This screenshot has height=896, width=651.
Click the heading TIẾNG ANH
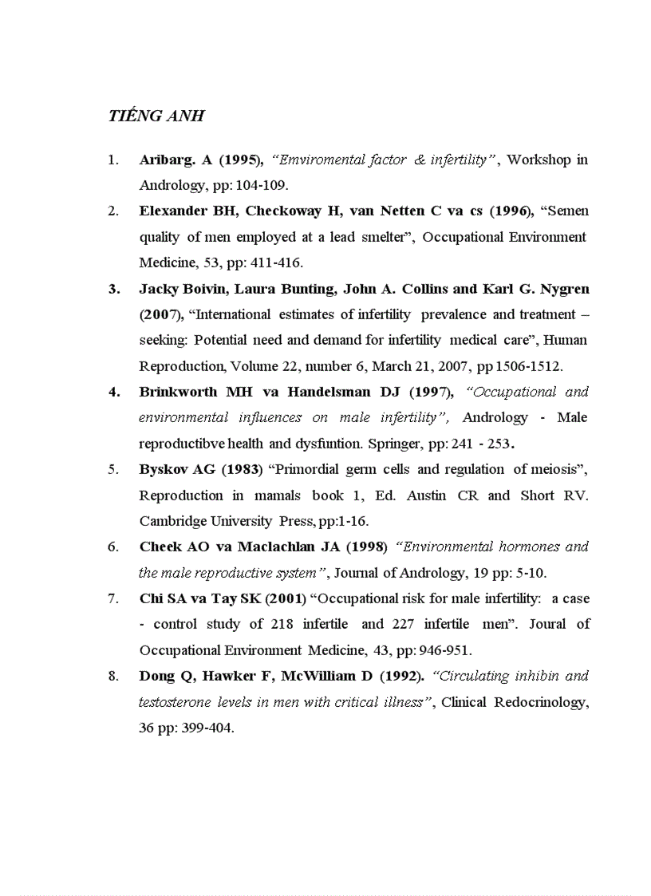(x=156, y=116)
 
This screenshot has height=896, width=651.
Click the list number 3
(x=113, y=289)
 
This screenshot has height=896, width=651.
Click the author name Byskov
(x=163, y=469)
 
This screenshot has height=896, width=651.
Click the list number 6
(x=113, y=547)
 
